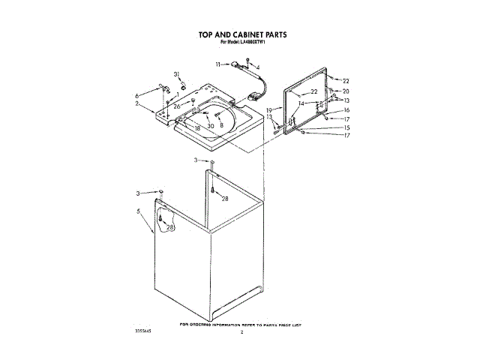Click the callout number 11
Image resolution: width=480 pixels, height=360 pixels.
tap(219, 64)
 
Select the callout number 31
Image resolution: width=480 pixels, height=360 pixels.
tap(178, 73)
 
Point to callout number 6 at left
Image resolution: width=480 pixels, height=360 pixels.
tap(137, 96)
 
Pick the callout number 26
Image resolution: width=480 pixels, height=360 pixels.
tap(177, 106)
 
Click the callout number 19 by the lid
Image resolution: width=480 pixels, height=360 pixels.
tap(268, 110)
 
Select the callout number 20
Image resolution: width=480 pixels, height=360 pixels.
tap(346, 91)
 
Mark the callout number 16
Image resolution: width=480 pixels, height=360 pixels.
tap(346, 110)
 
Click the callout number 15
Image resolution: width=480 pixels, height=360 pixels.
tap(346, 127)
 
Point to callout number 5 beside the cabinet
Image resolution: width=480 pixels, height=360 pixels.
tap(139, 212)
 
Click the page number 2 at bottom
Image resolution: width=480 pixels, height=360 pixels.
tap(241, 331)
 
